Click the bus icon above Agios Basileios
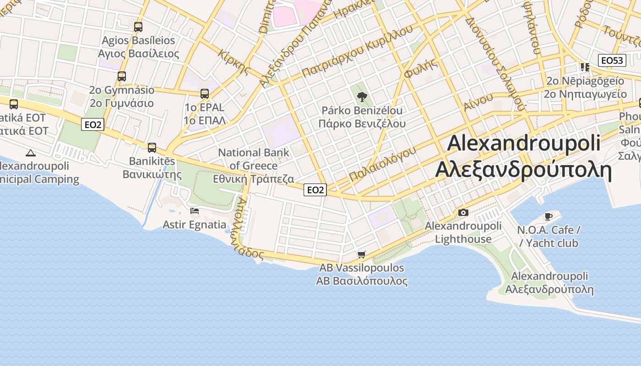[x=138, y=27]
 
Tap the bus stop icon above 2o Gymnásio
[x=122, y=76]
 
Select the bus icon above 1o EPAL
[x=205, y=94]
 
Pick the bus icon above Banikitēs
[x=152, y=148]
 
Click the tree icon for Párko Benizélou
[x=362, y=97]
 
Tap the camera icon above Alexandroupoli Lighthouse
[x=463, y=212]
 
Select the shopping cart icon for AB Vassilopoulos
[x=362, y=254]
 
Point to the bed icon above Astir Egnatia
[x=195, y=211]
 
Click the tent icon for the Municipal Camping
[x=31, y=153]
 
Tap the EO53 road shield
[x=612, y=60]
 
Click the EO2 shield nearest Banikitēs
[x=92, y=124]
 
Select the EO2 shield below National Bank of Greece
[x=315, y=190]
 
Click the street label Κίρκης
[x=234, y=62]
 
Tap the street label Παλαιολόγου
[x=382, y=164]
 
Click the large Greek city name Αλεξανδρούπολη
[x=523, y=169]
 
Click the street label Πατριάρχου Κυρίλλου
[x=357, y=51]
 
